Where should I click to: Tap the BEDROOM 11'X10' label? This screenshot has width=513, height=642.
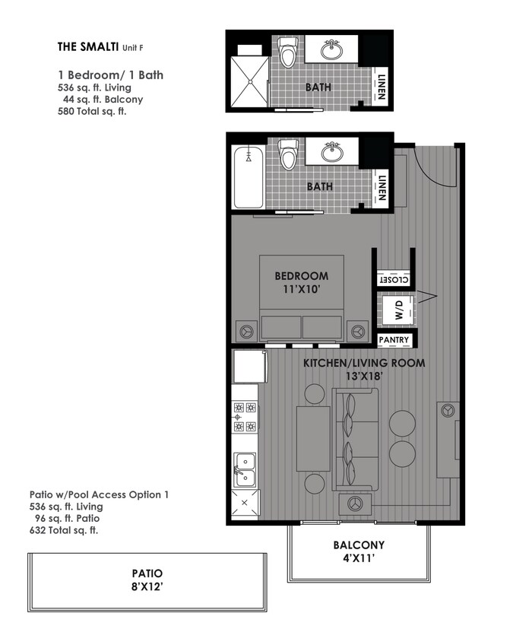click(x=301, y=281)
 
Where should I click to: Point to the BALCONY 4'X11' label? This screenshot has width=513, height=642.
click(x=358, y=551)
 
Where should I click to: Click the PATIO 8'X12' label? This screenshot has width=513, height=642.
click(x=147, y=580)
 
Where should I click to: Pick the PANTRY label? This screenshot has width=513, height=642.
click(x=394, y=340)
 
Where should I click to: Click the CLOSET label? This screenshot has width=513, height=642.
click(x=394, y=280)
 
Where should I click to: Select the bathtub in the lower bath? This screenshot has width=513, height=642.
click(x=249, y=177)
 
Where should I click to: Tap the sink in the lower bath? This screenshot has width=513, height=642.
click(x=332, y=152)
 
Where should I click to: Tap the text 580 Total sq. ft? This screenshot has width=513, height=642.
click(x=91, y=112)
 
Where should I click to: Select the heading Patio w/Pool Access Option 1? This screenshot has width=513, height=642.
click(x=99, y=494)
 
